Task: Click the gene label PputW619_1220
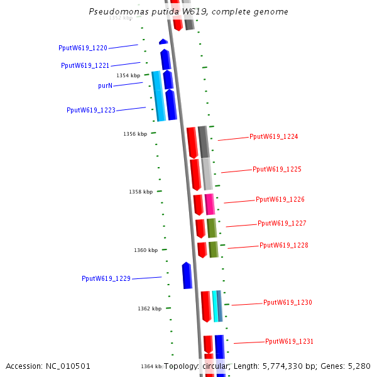click(83, 48)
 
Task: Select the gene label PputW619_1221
click(85, 65)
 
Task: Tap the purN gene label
click(106, 85)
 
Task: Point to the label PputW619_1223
click(91, 110)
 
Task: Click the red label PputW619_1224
click(274, 136)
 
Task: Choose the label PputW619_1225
click(277, 169)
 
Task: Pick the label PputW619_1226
click(280, 199)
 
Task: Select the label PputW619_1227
click(282, 223)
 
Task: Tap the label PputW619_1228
click(284, 245)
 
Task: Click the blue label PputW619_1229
click(106, 278)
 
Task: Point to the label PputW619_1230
click(288, 302)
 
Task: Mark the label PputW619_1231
click(290, 341)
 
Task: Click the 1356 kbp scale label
click(135, 134)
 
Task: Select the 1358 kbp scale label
click(141, 192)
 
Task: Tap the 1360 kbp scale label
click(146, 250)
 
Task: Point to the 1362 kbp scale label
click(150, 309)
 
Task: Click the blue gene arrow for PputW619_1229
click(187, 276)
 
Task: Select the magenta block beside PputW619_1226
click(210, 204)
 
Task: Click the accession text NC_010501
click(48, 366)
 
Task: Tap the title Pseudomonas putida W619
click(188, 11)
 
